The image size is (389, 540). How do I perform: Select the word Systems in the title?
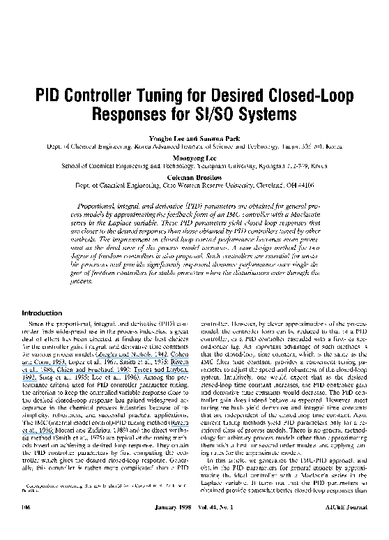(x=268, y=112)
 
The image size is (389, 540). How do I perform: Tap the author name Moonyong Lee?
(x=194, y=157)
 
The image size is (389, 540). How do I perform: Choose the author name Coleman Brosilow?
(x=194, y=177)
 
